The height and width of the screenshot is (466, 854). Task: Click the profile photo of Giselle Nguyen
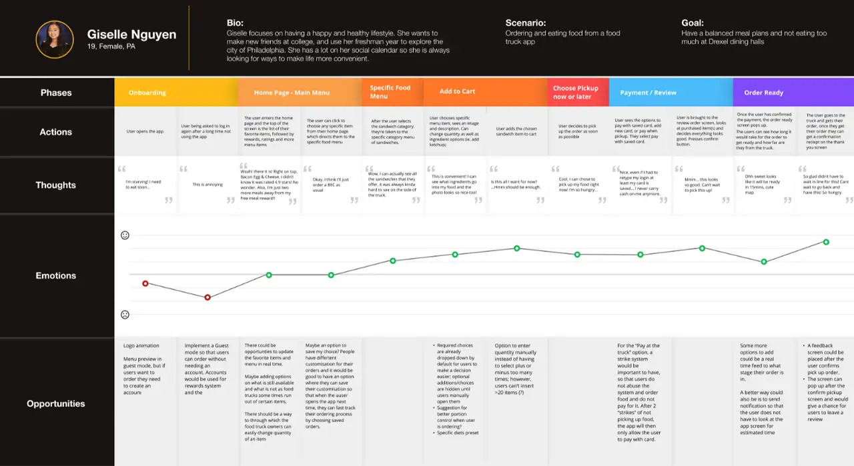pyautogui.click(x=55, y=39)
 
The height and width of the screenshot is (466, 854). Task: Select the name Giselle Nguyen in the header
pyautogui.click(x=132, y=34)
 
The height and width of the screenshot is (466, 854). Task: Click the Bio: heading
pyautogui.click(x=235, y=23)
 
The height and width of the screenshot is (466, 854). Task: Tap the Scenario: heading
pyautogui.click(x=526, y=23)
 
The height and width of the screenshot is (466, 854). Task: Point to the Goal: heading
pyautogui.click(x=693, y=23)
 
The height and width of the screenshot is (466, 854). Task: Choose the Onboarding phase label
pyautogui.click(x=147, y=93)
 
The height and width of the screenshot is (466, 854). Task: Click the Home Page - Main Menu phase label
pyautogui.click(x=292, y=93)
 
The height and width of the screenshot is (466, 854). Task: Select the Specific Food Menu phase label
pyautogui.click(x=390, y=92)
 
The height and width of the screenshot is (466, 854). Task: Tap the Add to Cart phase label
pyautogui.click(x=458, y=91)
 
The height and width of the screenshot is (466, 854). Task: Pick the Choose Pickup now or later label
pyautogui.click(x=576, y=92)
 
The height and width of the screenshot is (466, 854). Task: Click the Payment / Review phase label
pyautogui.click(x=648, y=93)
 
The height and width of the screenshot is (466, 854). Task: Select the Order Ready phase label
pyautogui.click(x=763, y=93)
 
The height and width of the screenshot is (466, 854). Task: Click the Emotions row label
pyautogui.click(x=56, y=275)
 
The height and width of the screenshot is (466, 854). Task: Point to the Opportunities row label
pyautogui.click(x=56, y=403)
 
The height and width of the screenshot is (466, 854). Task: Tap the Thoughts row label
pyautogui.click(x=56, y=185)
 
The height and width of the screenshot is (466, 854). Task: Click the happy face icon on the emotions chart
pyautogui.click(x=125, y=235)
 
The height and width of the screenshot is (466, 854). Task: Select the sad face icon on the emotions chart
pyautogui.click(x=125, y=315)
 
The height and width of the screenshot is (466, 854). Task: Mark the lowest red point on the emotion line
pyautogui.click(x=207, y=297)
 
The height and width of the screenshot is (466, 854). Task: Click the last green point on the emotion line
pyautogui.click(x=826, y=242)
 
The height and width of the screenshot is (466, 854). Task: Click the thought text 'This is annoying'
pyautogui.click(x=207, y=185)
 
